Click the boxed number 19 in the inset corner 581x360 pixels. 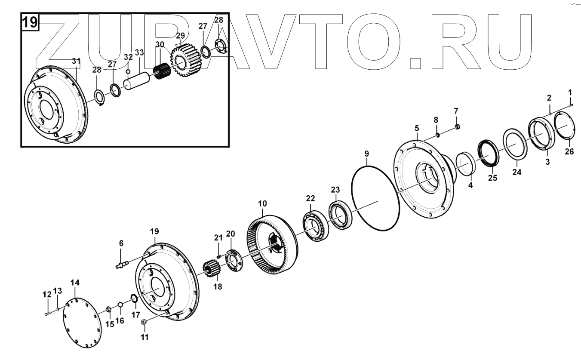30,22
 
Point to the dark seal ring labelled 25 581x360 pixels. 489,153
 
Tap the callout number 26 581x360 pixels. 569,151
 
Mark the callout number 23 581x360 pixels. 335,190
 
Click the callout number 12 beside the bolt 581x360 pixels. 47,295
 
